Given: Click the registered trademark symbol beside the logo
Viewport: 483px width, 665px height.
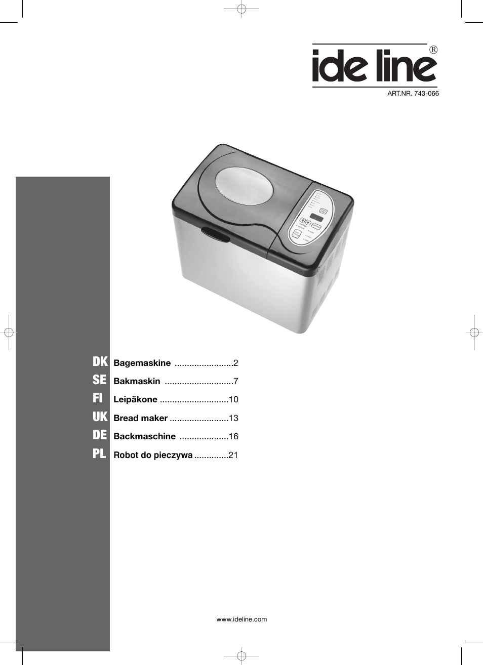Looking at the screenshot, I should click(x=433, y=50).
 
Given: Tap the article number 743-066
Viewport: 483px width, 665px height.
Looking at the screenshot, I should click(x=413, y=94).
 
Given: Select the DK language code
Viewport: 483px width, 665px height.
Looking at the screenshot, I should click(x=100, y=362).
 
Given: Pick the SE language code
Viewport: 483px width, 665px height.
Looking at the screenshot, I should click(x=100, y=380).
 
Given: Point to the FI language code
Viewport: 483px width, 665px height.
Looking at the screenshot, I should click(x=98, y=399).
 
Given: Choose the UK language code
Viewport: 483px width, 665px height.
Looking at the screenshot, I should click(x=100, y=417).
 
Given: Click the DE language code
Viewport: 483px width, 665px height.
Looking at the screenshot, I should click(x=100, y=435).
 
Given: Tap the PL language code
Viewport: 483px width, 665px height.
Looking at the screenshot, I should click(x=99, y=454).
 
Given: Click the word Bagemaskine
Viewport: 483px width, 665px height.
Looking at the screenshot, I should click(x=142, y=363).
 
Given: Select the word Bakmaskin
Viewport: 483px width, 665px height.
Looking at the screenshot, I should click(x=137, y=381).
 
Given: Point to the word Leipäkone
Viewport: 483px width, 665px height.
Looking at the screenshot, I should click(x=135, y=399).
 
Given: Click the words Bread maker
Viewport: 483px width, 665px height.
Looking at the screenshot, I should click(x=140, y=418).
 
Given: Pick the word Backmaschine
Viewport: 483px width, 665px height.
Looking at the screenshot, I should click(x=144, y=436).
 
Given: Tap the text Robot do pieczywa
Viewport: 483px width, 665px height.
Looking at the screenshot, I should click(x=153, y=455).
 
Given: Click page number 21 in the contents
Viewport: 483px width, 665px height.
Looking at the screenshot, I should click(x=233, y=455).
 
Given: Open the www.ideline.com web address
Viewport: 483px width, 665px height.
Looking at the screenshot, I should click(x=241, y=619).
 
